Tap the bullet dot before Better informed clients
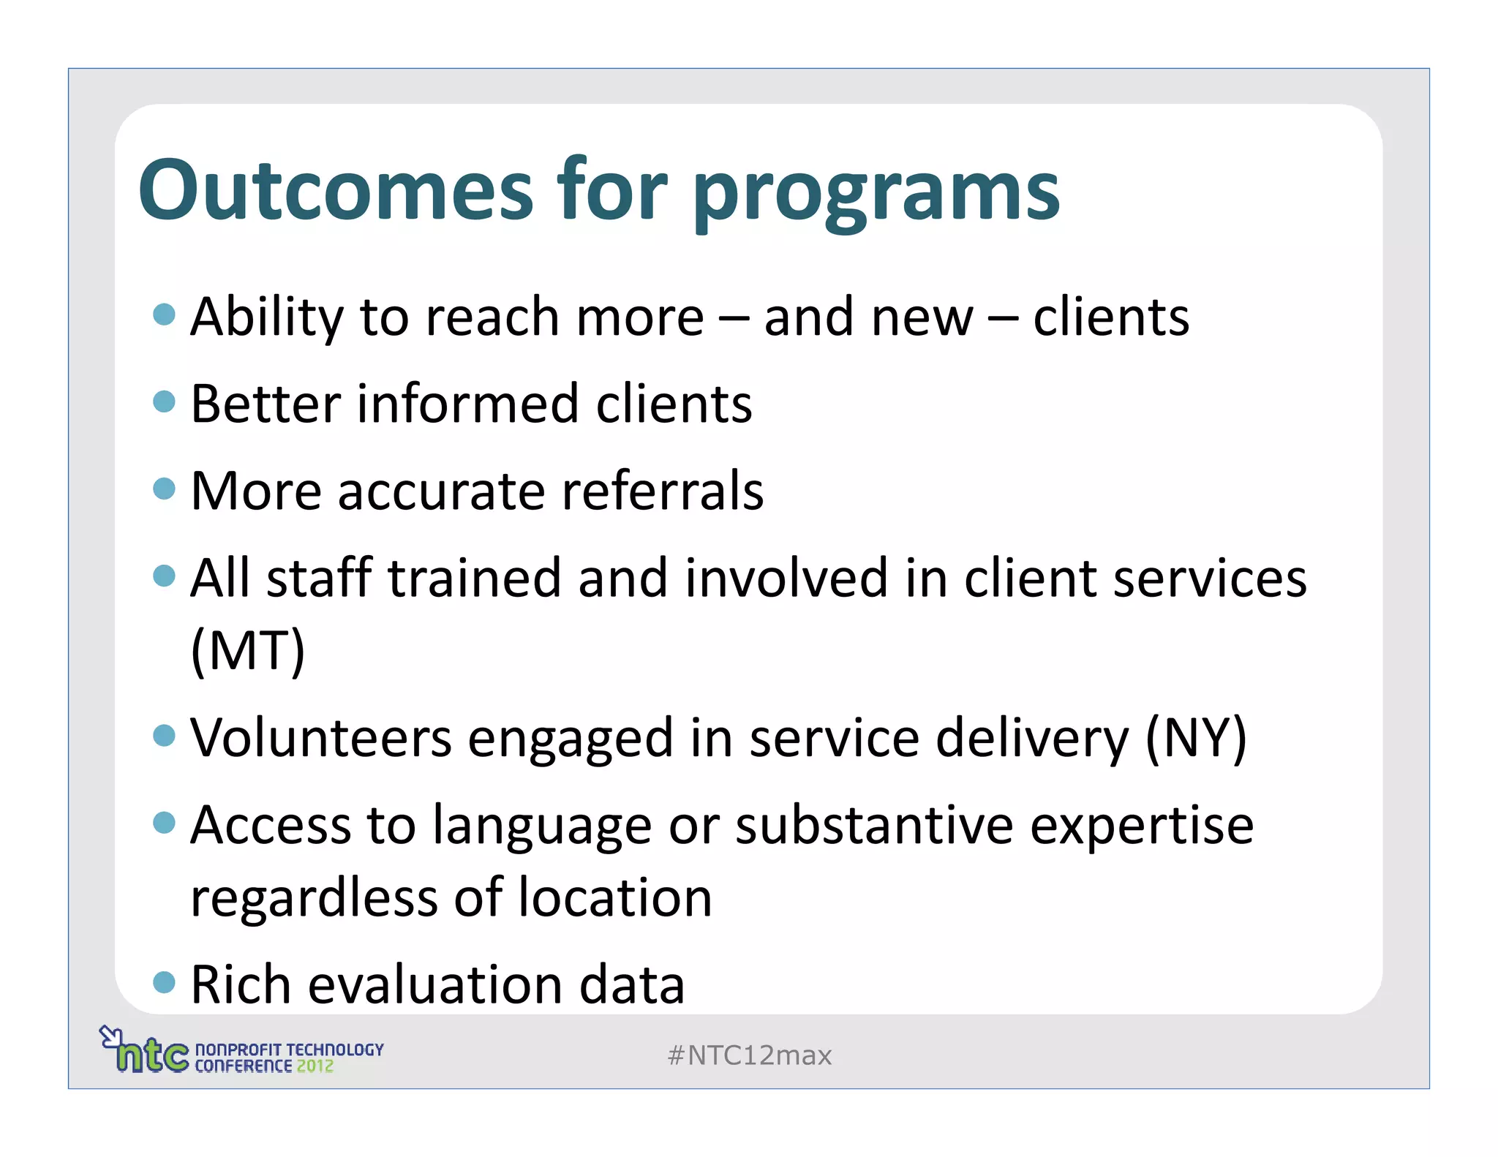(x=165, y=402)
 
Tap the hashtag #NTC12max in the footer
(x=750, y=1055)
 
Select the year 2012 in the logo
(x=315, y=1066)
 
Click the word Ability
(x=266, y=317)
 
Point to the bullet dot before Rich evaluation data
(x=165, y=981)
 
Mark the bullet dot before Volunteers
(x=165, y=735)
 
